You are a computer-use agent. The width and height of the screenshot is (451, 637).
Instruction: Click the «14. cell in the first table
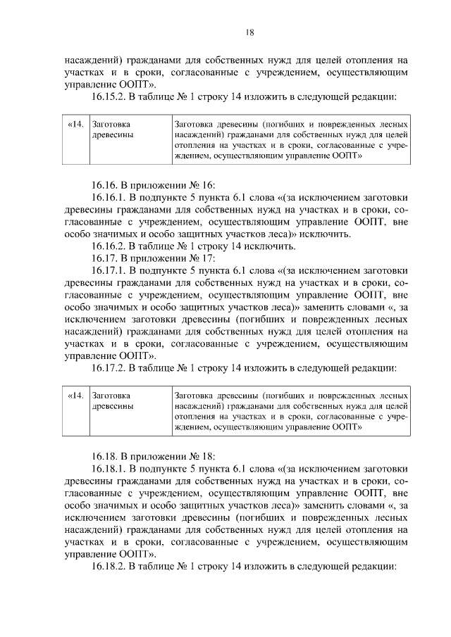75,125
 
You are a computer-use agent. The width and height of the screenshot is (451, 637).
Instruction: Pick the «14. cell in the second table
75,396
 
